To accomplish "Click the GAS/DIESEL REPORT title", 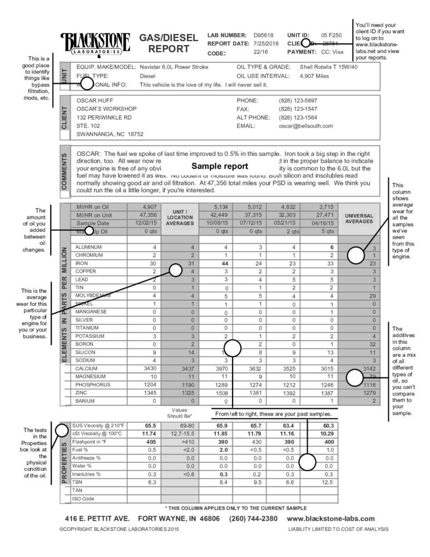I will pyautogui.click(x=168, y=43).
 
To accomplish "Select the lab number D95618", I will pyautogui.click(x=264, y=35).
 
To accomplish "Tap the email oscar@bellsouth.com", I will pyautogui.click(x=305, y=126).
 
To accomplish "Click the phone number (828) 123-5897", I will pyautogui.click(x=298, y=101).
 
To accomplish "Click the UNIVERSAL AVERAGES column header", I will pyautogui.click(x=359, y=218).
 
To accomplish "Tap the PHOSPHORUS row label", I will pyautogui.click(x=93, y=385).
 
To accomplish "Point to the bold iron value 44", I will pyautogui.click(x=226, y=263).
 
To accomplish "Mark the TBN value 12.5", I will pyautogui.click(x=329, y=482).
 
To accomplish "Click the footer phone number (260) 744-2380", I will pyautogui.click(x=253, y=519).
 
